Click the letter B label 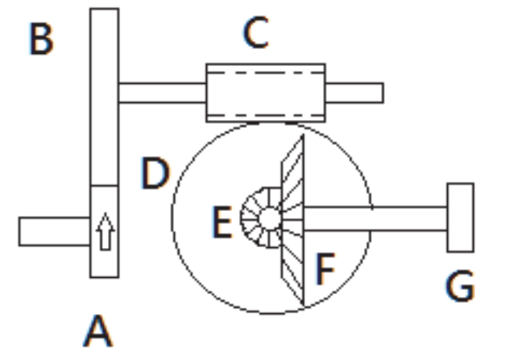click(41, 39)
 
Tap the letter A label click(98, 331)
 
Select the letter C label click(256, 32)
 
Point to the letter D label click(155, 173)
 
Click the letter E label click(222, 222)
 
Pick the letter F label click(325, 269)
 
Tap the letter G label click(460, 286)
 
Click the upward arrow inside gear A click(106, 231)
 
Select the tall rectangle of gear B click(105, 97)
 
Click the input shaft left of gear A click(55, 231)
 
